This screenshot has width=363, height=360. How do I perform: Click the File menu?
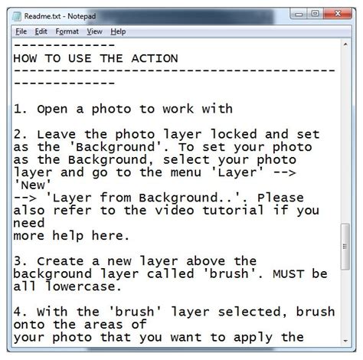[21, 31]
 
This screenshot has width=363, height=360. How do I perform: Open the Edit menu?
[41, 31]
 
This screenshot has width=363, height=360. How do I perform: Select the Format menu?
[67, 31]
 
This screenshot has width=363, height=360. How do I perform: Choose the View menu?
[94, 31]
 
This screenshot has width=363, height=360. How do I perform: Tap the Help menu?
[118, 31]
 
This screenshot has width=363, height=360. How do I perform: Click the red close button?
[338, 14]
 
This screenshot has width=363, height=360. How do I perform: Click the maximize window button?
[315, 14]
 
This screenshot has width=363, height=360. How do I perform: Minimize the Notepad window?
[299, 14]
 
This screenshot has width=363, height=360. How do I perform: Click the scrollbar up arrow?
[345, 44]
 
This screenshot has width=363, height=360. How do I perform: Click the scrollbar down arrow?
[345, 341]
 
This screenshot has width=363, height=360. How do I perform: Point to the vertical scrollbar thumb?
[345, 247]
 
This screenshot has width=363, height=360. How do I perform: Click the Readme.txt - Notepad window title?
[60, 16]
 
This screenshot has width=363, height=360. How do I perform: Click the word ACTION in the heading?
[155, 58]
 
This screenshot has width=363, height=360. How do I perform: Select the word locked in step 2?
[234, 134]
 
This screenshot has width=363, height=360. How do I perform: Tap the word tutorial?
[233, 210]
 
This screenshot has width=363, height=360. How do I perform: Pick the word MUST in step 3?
[289, 273]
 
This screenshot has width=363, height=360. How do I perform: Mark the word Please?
[280, 198]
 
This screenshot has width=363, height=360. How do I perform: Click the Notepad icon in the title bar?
[17, 16]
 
